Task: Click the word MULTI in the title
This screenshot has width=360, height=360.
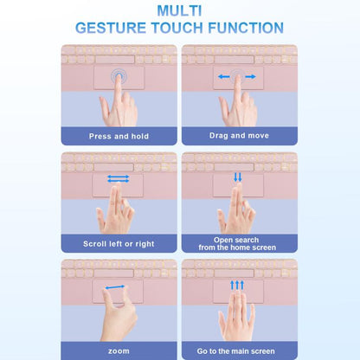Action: [179, 10]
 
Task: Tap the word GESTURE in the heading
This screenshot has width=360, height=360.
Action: [111, 28]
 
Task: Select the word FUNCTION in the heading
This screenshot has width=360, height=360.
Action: [246, 28]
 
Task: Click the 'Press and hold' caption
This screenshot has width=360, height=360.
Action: [119, 136]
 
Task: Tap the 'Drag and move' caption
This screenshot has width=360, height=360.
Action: [239, 136]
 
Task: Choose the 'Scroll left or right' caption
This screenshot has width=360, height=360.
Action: [119, 244]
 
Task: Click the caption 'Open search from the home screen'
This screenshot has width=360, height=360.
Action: [237, 244]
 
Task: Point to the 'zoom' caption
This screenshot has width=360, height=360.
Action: [119, 351]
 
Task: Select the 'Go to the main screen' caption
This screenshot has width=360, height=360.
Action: [236, 351]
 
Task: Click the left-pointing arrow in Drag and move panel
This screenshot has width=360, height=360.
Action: [224, 77]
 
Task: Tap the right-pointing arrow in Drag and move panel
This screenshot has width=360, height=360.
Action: [250, 77]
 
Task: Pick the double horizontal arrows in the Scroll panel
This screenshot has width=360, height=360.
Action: [119, 179]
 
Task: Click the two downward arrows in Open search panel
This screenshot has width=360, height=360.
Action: [238, 177]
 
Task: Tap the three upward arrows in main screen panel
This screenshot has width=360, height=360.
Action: [237, 285]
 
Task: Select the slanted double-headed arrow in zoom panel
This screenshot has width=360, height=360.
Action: [115, 287]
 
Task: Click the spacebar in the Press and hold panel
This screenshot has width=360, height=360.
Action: [115, 60]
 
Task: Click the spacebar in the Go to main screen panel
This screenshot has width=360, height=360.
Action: [234, 273]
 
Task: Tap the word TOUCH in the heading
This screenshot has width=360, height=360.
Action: [177, 28]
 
